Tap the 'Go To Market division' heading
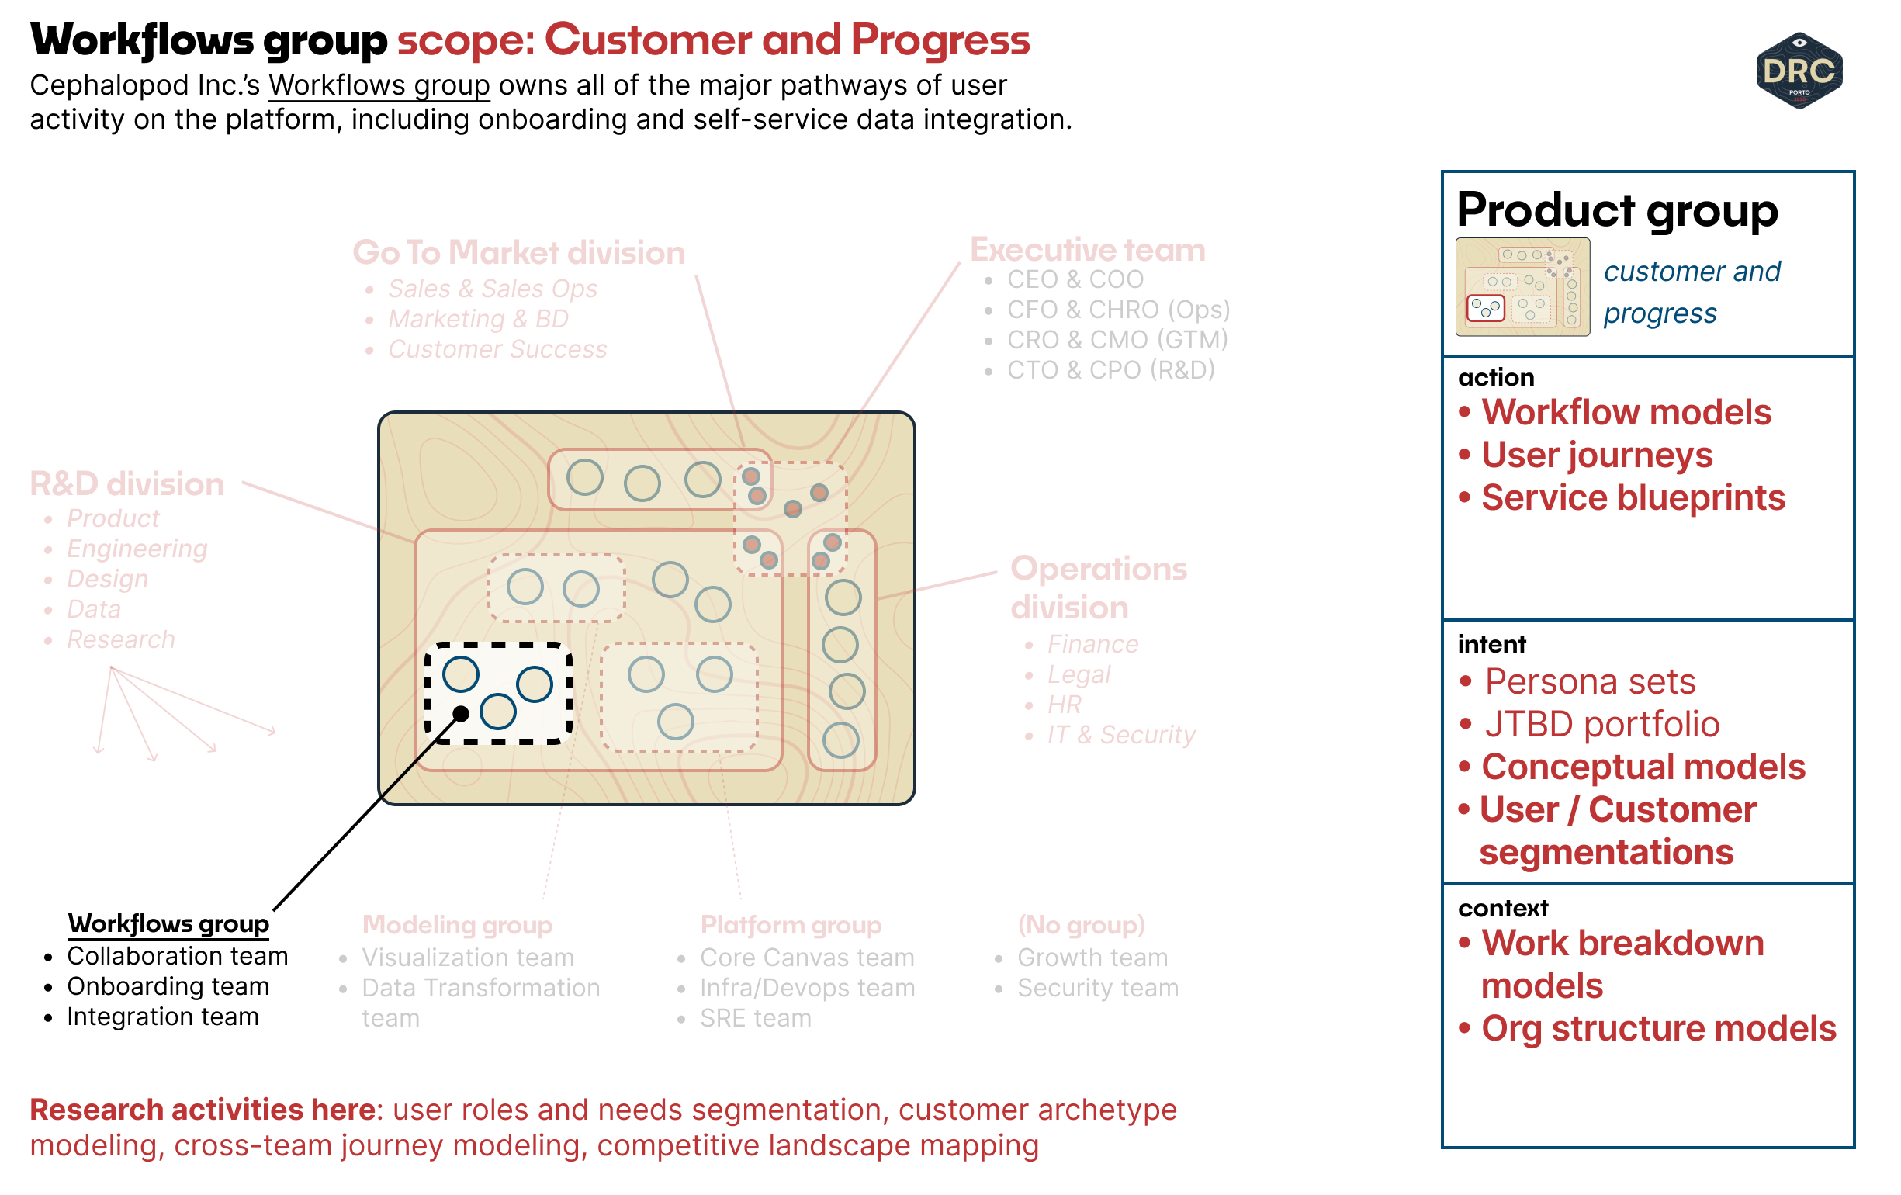518,252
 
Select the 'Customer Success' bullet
497,349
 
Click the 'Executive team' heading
1087,249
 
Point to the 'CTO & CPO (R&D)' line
1110,369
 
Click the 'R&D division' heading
127,484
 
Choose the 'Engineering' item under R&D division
137,549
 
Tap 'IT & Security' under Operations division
1120,735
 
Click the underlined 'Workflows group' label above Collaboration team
168,923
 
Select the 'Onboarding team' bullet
168,986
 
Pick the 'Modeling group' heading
457,924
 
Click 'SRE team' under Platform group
755,1018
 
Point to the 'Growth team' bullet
1092,958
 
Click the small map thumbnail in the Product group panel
1522,287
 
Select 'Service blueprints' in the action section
1633,498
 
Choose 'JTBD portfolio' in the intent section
1601,725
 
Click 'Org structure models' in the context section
1658,1028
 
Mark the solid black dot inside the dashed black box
461,715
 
